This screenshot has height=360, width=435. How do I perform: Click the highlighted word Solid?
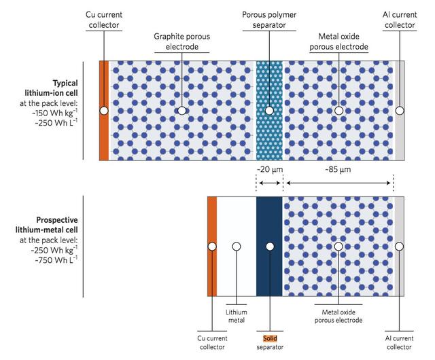(271, 338)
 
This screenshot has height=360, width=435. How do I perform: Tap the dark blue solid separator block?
(269, 272)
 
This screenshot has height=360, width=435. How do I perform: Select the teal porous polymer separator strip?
(269, 82)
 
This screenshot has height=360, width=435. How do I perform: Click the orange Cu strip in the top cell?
(103, 136)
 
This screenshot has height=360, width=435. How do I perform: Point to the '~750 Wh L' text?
(58, 259)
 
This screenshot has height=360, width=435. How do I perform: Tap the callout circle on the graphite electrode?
(181, 110)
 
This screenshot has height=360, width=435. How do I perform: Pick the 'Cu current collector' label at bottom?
(213, 342)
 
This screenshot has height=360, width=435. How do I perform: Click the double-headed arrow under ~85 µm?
(338, 183)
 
